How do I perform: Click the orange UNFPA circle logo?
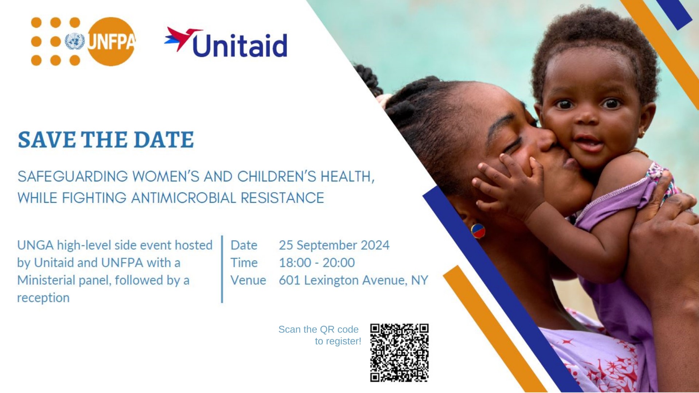(x=111, y=41)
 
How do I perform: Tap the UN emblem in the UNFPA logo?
(x=75, y=41)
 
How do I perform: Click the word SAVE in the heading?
(x=47, y=140)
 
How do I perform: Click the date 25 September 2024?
(x=334, y=245)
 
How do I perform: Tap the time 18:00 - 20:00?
(x=317, y=263)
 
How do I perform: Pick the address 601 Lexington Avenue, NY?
(x=354, y=280)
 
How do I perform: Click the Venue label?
(x=248, y=280)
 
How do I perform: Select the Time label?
(x=244, y=263)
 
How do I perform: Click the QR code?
(x=399, y=353)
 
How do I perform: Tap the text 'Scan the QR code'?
(x=319, y=329)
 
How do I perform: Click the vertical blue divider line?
(x=222, y=269)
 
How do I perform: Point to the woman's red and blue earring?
(x=478, y=231)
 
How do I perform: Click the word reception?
(x=43, y=298)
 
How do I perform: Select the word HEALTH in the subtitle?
(x=347, y=176)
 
